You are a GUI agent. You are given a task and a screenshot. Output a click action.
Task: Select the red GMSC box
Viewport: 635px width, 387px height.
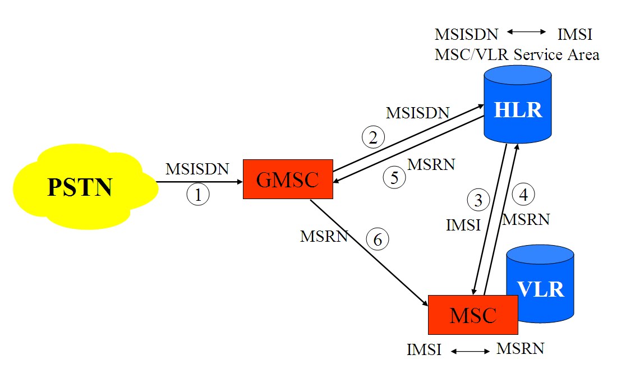(x=288, y=179)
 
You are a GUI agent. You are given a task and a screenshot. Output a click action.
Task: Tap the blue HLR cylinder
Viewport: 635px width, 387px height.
(x=518, y=109)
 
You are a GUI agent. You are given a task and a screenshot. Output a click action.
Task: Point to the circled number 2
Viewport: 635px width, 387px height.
(x=373, y=137)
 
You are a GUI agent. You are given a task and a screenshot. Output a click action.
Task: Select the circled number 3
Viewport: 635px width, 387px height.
(x=478, y=200)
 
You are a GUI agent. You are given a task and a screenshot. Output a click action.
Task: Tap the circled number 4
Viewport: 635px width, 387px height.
(x=524, y=195)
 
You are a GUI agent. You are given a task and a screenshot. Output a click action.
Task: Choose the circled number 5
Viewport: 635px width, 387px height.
(x=394, y=178)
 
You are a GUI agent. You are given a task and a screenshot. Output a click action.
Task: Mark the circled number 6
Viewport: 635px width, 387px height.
(x=378, y=239)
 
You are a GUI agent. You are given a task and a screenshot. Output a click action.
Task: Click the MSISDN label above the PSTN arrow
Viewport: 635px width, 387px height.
(x=197, y=169)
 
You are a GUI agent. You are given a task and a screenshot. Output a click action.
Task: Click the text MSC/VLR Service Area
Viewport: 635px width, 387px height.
(x=517, y=54)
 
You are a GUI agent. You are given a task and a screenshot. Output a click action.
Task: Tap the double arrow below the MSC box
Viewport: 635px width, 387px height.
(x=470, y=351)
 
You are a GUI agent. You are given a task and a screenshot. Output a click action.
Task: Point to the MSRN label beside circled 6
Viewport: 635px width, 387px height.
(x=324, y=236)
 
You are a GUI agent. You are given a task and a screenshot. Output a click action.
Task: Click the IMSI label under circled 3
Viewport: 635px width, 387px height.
(x=463, y=225)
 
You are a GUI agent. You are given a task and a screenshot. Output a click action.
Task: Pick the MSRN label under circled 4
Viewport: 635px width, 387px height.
(x=526, y=219)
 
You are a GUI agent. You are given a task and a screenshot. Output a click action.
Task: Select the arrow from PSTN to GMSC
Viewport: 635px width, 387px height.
(x=199, y=182)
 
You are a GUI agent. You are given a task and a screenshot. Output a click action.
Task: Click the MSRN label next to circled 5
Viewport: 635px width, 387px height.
(x=431, y=165)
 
